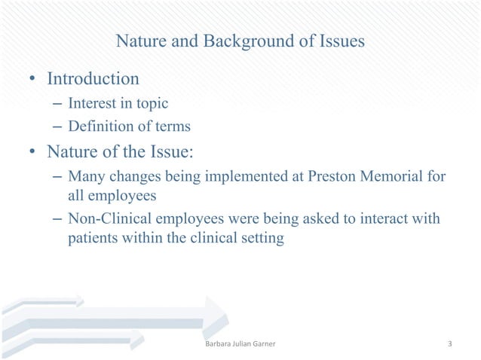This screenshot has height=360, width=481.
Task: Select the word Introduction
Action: [x=93, y=78]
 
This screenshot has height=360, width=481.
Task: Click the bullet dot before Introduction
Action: [x=33, y=80]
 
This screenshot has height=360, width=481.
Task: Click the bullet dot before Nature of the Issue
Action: [x=33, y=154]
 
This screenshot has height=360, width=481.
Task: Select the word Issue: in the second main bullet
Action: [x=170, y=153]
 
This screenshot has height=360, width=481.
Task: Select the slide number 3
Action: [x=449, y=345]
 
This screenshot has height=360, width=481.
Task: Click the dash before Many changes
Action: [x=58, y=177]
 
